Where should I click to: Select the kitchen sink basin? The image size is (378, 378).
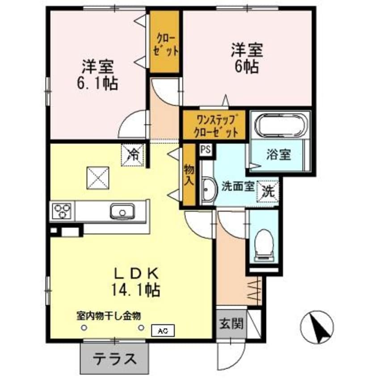click(122, 211)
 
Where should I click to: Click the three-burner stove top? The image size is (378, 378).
click(62, 211)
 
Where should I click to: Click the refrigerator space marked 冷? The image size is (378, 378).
click(132, 155)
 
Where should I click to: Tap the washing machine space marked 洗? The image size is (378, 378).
click(268, 191)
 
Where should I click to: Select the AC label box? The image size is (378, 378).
click(163, 331)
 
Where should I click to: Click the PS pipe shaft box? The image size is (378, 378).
click(206, 150)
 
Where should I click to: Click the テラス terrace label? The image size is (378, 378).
click(115, 359)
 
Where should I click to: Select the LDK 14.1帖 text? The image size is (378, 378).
click(136, 282)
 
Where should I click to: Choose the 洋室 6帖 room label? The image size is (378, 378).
click(247, 58)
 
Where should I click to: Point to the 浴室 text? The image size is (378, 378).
click(278, 155)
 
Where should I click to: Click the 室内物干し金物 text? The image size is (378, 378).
click(109, 315)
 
